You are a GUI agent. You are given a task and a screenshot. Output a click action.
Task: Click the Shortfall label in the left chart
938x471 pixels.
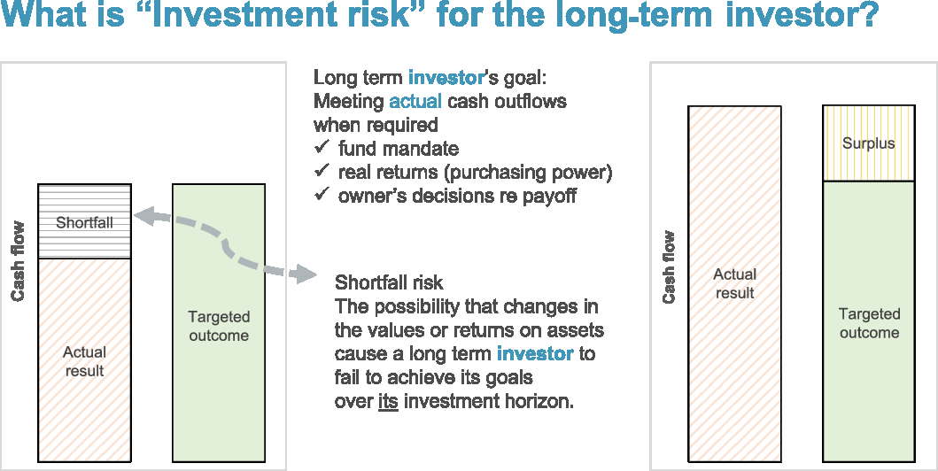point(84,223)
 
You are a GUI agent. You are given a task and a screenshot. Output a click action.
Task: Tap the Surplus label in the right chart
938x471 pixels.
point(869,143)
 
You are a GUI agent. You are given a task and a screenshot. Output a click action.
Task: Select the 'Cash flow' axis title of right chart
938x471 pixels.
point(668,267)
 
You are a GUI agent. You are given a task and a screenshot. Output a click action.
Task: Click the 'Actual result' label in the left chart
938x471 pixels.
point(84,361)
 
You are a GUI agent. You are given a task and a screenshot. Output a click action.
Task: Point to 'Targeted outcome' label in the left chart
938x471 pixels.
point(219,326)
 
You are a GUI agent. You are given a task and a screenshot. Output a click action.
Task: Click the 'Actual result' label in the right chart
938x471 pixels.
point(734,283)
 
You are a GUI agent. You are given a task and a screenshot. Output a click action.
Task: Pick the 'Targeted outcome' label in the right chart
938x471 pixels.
point(869,323)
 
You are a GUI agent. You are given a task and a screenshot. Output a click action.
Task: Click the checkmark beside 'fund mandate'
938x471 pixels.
point(322,146)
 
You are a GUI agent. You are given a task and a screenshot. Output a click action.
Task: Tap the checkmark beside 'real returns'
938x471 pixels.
point(322,171)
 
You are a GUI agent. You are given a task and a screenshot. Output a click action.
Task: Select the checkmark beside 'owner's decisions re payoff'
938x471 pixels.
point(322,194)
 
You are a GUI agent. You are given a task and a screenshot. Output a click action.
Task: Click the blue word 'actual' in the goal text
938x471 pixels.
point(415,101)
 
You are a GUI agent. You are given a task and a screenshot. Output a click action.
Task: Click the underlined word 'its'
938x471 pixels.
point(388,401)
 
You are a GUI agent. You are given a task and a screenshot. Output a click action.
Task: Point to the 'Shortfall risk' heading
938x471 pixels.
point(389,282)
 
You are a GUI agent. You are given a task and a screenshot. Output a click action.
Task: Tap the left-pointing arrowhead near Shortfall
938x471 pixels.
point(144,216)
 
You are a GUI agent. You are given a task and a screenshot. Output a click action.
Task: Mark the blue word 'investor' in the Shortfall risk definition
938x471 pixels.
point(535,353)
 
